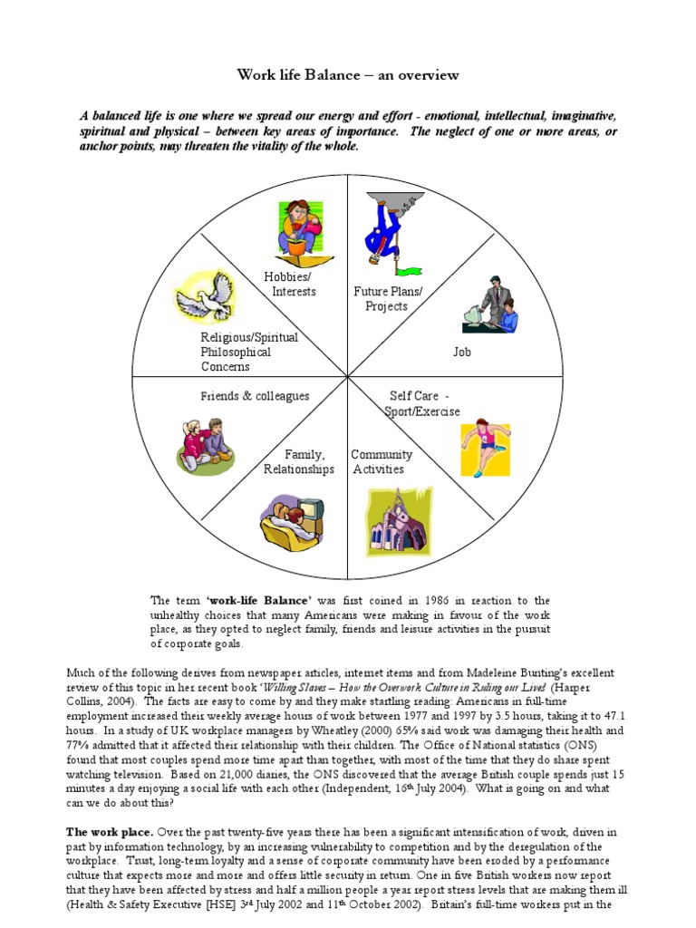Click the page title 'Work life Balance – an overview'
coord(348,75)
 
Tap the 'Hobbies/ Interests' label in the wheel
coord(289,284)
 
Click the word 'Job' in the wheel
coord(462,351)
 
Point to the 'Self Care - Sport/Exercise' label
coord(424,404)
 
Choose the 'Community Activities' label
coord(381,461)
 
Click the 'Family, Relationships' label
coord(299,461)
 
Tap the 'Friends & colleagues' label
coord(255,396)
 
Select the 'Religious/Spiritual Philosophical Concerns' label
coord(248,352)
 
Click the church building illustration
coord(400,521)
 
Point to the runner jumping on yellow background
coord(485,449)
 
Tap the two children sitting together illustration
coord(204,444)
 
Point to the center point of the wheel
coord(347,377)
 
